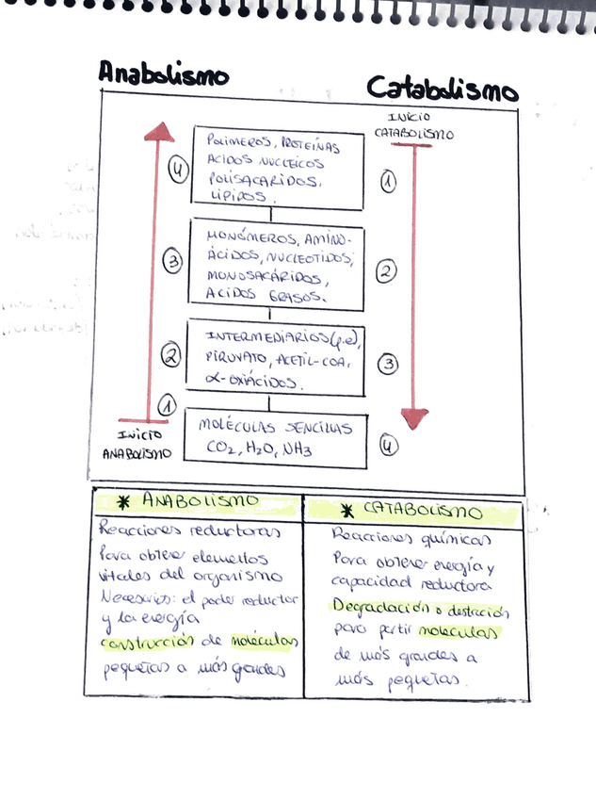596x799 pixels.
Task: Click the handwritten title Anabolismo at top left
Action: pos(163,73)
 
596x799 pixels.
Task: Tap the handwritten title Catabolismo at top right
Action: pos(442,90)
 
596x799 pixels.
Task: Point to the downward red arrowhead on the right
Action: pos(414,417)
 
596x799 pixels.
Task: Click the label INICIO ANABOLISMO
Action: pos(138,444)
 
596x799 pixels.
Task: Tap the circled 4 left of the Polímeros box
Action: pos(178,170)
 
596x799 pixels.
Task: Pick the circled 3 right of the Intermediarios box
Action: pos(388,365)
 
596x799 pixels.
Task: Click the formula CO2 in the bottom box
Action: pos(221,450)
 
